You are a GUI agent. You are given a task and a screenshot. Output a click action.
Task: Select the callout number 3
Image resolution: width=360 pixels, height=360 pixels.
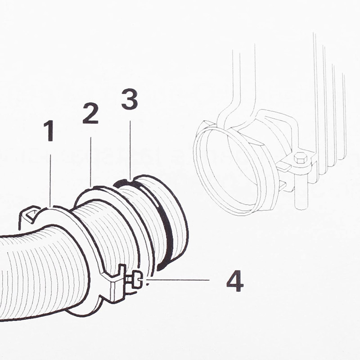click(x=130, y=99)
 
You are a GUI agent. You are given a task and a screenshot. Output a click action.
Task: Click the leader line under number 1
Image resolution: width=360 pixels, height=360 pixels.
click(x=50, y=180)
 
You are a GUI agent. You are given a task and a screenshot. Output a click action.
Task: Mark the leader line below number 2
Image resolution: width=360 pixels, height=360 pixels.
click(x=91, y=162)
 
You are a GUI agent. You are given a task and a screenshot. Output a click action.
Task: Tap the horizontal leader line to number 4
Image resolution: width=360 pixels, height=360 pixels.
click(x=180, y=280)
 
